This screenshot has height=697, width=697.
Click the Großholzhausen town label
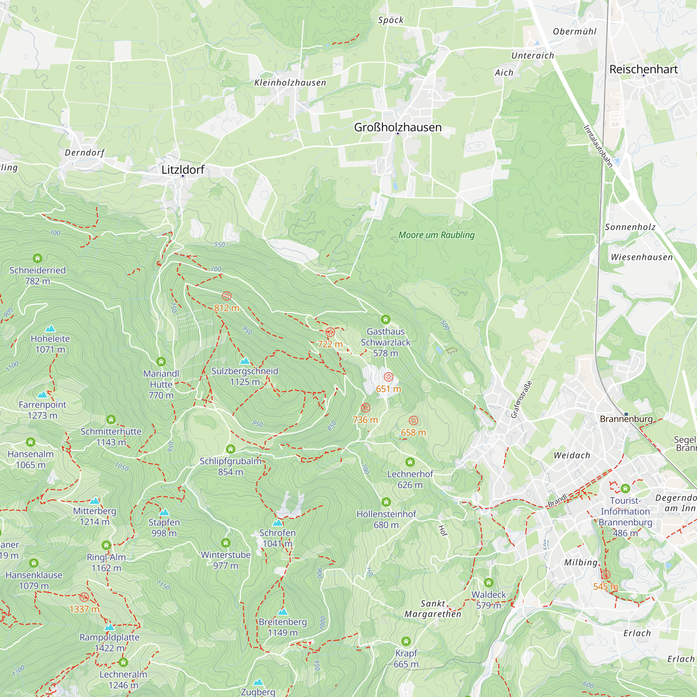[398, 127]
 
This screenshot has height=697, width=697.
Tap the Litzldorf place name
[183, 170]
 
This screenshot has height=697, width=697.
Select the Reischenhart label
[643, 69]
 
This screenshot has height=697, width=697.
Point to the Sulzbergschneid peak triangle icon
[245, 361]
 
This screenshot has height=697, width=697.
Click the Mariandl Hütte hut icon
[161, 361]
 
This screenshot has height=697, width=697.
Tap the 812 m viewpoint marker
[227, 296]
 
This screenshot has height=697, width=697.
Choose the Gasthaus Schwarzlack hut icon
[385, 319]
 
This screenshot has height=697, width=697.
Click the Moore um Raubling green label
[436, 235]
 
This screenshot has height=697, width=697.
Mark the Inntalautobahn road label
[598, 146]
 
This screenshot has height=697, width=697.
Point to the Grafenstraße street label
[521, 399]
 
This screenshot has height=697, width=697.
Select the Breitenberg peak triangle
[283, 612]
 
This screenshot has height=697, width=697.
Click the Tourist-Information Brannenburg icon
[625, 489]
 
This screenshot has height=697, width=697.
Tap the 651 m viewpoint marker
[388, 377]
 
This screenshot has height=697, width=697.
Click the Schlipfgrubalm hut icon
[230, 449]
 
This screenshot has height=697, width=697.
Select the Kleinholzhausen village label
[290, 83]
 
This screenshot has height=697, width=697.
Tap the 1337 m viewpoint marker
[84, 597]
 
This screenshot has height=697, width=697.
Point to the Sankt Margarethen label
[432, 608]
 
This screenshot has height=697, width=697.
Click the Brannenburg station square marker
[626, 414]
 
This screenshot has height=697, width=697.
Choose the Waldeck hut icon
[489, 583]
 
